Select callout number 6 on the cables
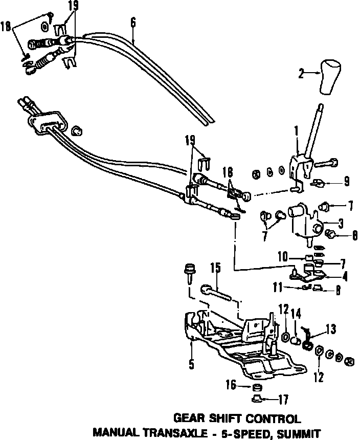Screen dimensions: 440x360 pos(133,22)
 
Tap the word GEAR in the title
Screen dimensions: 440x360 pos(190,418)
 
